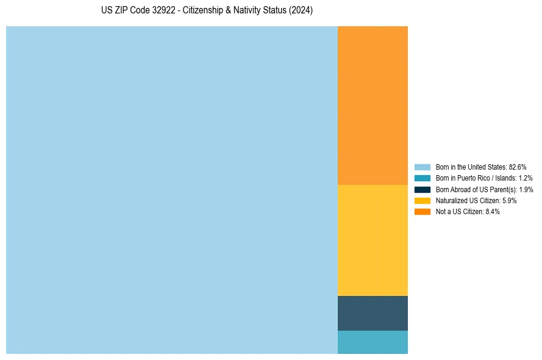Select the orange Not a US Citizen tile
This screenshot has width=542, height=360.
[373, 105]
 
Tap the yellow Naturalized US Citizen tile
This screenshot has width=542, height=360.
[373, 240]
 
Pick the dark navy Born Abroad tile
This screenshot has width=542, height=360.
[373, 313]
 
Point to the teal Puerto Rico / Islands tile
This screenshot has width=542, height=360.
[373, 342]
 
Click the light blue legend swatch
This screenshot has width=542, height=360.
[423, 167]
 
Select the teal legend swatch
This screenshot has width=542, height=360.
[423, 178]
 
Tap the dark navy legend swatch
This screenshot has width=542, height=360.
[423, 189]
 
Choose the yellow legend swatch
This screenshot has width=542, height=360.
[423, 200]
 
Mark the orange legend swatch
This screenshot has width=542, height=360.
[423, 212]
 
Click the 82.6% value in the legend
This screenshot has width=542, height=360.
[518, 167]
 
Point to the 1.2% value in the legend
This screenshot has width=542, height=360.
[525, 178]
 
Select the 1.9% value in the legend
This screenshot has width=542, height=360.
[526, 189]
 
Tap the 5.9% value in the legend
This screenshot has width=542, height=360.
[509, 200]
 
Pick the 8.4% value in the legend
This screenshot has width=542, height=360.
[493, 212]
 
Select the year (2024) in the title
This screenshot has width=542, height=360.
[301, 11]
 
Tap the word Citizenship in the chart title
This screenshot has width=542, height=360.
[204, 11]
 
